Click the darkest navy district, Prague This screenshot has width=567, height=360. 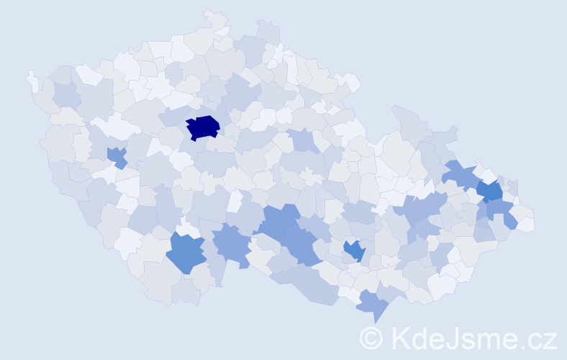click(x=202, y=127)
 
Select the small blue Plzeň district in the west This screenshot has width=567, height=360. click(x=117, y=156)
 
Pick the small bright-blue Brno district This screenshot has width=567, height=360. click(x=353, y=251)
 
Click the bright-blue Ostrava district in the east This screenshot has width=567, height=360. click(x=491, y=191)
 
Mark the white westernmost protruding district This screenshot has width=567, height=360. click(x=32, y=81)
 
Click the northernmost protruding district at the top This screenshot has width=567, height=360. click(x=214, y=18)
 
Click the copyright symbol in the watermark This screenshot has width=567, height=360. click(x=372, y=337)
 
